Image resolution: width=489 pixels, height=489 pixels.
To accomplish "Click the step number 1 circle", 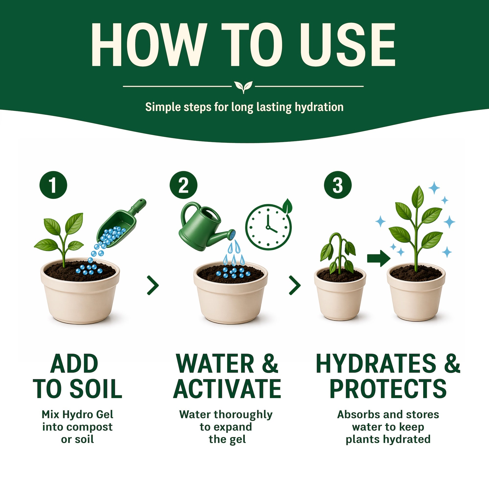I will pyautogui.click(x=53, y=185).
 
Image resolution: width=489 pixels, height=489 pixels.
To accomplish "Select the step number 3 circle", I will pyautogui.click(x=338, y=185).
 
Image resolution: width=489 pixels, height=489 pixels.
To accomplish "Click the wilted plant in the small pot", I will pyautogui.click(x=338, y=253).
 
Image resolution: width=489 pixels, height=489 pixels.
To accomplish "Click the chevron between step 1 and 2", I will pyautogui.click(x=153, y=285).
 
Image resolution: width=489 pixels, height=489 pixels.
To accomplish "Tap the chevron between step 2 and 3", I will pyautogui.click(x=295, y=285).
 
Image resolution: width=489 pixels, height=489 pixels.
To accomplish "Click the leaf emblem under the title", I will pyautogui.click(x=243, y=87).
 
